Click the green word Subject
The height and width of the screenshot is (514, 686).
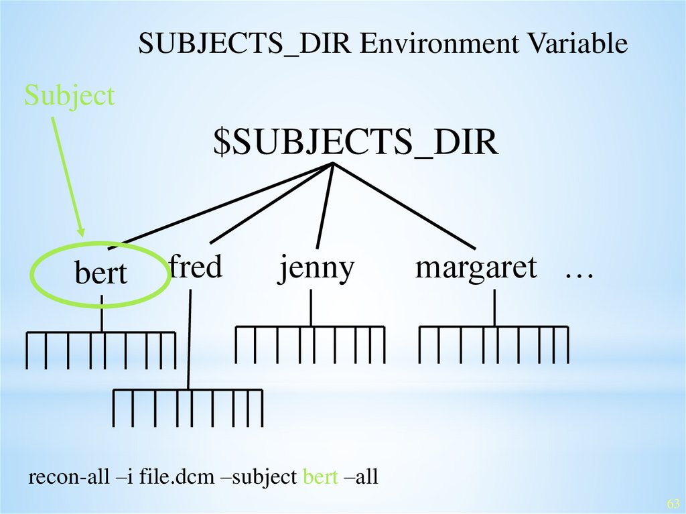click(70, 97)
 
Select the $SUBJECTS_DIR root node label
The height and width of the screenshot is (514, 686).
click(356, 143)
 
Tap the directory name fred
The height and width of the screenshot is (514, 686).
click(195, 267)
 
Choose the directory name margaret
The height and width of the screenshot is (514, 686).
click(476, 268)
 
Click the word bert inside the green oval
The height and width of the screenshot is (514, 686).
click(100, 274)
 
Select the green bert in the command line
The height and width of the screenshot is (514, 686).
click(320, 477)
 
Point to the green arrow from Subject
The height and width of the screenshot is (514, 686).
click(68, 174)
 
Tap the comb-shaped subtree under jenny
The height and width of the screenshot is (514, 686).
click(310, 342)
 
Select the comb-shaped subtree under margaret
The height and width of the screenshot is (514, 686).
click(494, 342)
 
